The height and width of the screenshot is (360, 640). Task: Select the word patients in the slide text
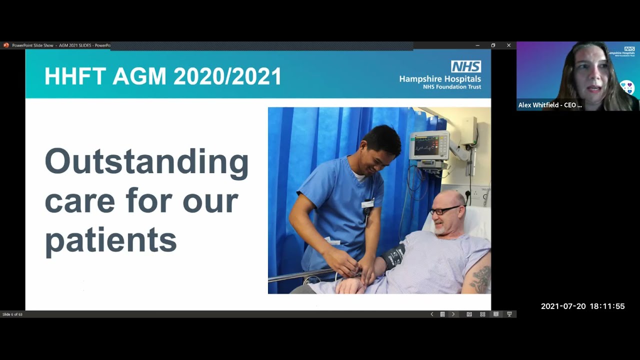[x=110, y=240]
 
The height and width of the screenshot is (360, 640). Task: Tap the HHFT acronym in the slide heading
[x=75, y=76]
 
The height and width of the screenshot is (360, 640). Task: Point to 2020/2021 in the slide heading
[x=227, y=76]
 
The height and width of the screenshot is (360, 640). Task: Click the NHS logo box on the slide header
[x=466, y=66]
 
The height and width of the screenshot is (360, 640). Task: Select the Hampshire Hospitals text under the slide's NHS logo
[x=440, y=79]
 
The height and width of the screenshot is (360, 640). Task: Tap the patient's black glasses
[x=444, y=210]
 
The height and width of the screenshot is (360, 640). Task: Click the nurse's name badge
[x=367, y=203]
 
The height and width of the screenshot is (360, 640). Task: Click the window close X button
[x=508, y=45]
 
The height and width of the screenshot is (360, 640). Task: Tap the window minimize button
[x=477, y=45]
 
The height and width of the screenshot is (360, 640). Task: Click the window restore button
[x=493, y=45]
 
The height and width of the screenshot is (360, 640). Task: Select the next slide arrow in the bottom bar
[x=453, y=314]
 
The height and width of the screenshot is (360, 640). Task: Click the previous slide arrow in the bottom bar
[x=432, y=314]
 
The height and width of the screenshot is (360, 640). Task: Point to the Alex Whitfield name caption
[x=550, y=105]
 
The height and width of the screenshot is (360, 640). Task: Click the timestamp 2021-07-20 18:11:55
[x=582, y=306]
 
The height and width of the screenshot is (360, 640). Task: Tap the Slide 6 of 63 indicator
[x=12, y=314]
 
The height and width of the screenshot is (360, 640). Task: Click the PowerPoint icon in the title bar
[x=6, y=45]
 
